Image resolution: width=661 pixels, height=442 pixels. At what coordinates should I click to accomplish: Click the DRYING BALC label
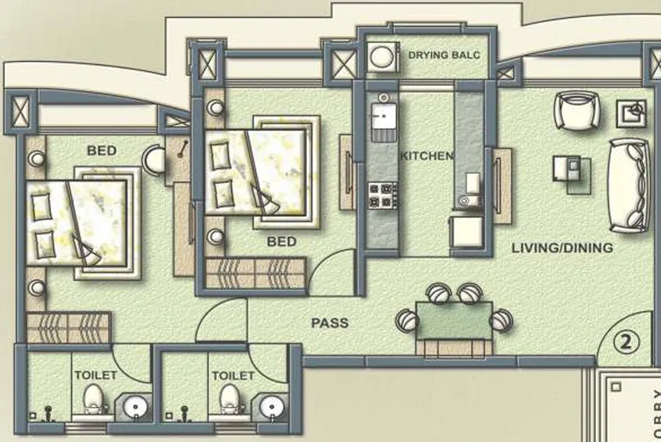444,55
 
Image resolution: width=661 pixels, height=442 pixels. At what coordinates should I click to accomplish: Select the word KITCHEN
427,156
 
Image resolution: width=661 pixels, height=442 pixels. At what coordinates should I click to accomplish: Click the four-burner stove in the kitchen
383,194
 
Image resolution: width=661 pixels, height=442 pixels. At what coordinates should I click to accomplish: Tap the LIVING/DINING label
562,248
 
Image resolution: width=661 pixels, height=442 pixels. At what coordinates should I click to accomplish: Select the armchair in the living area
577,110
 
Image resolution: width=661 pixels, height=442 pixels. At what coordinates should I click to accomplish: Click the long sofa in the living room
630,185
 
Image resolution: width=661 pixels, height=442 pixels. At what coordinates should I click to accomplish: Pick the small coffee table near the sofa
567,169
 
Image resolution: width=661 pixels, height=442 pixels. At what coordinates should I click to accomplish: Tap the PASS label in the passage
330,323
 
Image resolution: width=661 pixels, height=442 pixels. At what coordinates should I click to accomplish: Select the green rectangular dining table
454,320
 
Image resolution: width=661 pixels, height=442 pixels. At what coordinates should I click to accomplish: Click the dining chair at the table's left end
407,320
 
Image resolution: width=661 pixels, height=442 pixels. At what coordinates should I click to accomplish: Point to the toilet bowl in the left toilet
94,397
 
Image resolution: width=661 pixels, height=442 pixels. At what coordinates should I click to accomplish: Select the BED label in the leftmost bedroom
102,150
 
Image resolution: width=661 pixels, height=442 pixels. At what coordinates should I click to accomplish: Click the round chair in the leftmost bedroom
155,161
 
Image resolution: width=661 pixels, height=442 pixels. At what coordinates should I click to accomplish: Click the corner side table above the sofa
631,112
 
